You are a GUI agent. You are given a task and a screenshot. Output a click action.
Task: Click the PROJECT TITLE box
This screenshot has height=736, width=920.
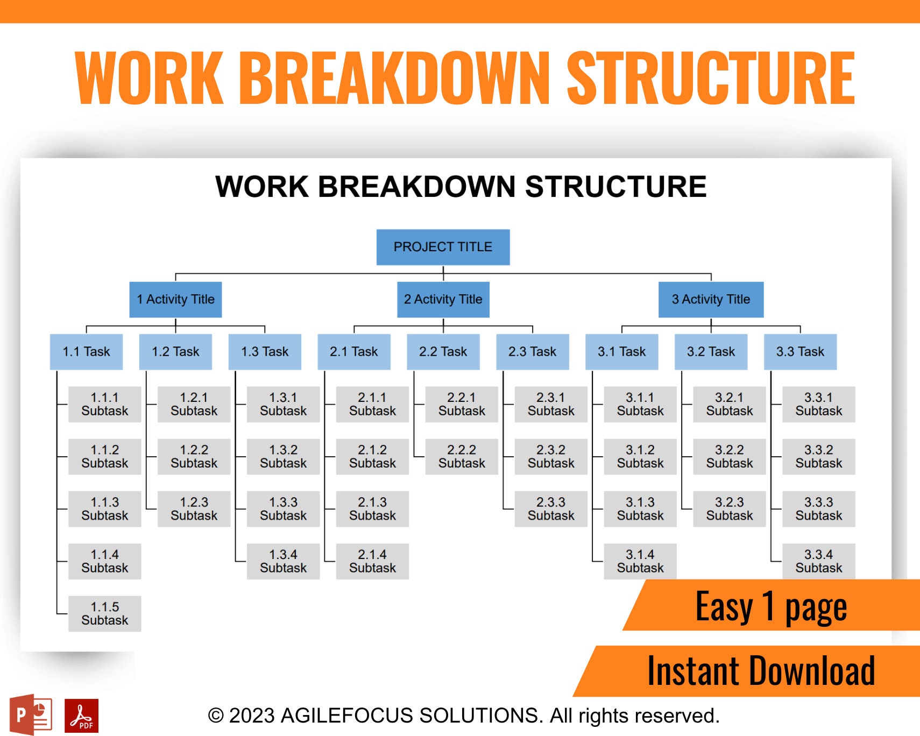point(443,247)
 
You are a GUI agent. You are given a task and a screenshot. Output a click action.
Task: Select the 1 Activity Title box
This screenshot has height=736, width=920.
point(175,299)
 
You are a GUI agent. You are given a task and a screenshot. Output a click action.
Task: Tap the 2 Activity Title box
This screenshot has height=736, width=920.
point(443,299)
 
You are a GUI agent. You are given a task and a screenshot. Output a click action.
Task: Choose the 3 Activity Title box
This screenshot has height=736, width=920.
point(711,299)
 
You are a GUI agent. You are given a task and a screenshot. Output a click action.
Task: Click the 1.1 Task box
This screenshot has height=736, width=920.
point(86,352)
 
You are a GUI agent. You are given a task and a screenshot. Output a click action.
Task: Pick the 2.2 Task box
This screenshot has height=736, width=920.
point(443,352)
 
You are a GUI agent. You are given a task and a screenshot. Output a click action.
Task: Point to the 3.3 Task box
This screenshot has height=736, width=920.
point(800,352)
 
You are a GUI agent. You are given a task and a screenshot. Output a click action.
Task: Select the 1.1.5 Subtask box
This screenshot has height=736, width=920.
point(105,613)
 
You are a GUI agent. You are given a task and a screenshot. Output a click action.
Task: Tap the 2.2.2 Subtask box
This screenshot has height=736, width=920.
point(462,456)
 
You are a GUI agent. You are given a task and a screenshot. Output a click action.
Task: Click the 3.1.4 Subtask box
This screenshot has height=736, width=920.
point(640,561)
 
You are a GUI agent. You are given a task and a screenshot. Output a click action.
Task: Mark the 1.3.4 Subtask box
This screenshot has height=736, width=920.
point(283,561)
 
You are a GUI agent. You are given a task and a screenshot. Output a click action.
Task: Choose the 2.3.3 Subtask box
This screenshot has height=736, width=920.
point(551,508)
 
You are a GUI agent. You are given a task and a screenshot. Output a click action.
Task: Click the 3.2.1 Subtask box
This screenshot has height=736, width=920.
point(729,404)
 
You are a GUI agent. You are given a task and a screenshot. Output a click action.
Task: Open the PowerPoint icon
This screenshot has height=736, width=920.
point(31,714)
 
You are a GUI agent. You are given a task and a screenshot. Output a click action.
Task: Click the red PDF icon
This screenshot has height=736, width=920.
point(81,716)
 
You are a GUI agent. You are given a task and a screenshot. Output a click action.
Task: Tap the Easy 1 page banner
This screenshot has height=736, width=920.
point(771,606)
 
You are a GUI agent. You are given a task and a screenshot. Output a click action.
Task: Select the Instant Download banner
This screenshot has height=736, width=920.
point(761,671)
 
